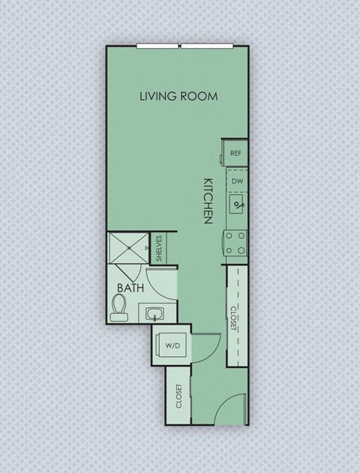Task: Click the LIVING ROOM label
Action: point(178,96)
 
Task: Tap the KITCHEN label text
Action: point(209,200)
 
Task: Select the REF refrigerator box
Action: point(235,153)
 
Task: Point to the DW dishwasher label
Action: point(237,181)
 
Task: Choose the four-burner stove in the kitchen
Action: point(236,242)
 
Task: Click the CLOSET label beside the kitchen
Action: point(235,316)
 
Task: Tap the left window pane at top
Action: point(157,46)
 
